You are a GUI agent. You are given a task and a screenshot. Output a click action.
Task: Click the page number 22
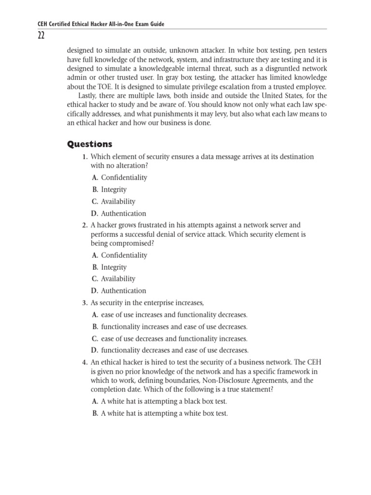point(38,36)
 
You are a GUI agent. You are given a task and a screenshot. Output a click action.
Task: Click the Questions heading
point(89,144)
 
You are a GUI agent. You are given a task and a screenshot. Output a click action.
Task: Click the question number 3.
point(85,303)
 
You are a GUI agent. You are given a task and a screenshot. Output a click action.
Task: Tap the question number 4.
point(85,362)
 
